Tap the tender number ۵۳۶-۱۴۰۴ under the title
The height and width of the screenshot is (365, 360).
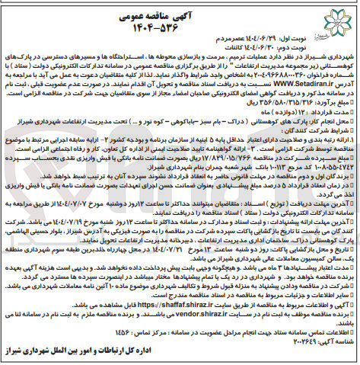click(x=180, y=24)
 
